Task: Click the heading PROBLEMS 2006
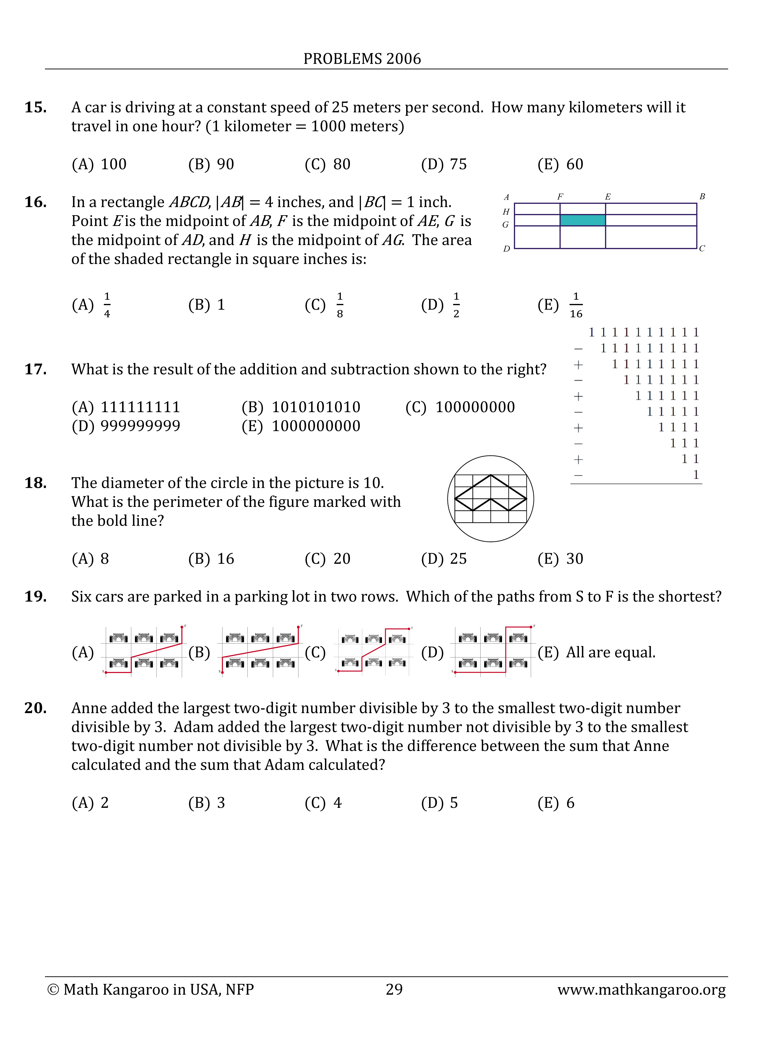[362, 59]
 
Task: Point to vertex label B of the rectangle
[702, 197]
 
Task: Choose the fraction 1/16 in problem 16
[576, 305]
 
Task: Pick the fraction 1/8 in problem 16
[340, 305]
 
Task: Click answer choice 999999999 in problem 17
[140, 426]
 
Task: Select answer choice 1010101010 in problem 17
[316, 407]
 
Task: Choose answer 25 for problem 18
[458, 559]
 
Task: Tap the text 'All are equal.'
[611, 652]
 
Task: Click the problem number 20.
[36, 708]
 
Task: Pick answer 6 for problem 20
[570, 803]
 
